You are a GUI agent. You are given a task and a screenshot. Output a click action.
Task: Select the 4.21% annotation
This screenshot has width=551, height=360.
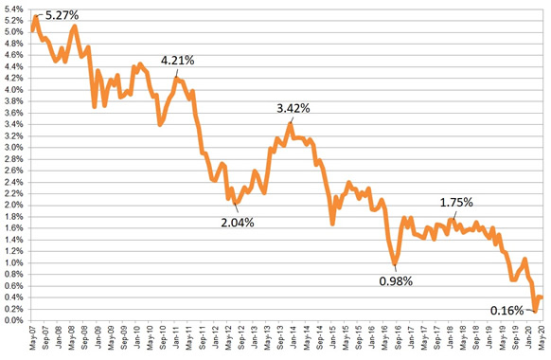point(177,61)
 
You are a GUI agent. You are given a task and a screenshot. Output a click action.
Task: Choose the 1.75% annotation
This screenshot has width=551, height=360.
point(456,203)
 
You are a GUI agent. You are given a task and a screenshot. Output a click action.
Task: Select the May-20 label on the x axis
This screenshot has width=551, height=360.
point(541,339)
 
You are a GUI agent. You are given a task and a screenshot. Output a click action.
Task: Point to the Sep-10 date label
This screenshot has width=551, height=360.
point(163,339)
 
